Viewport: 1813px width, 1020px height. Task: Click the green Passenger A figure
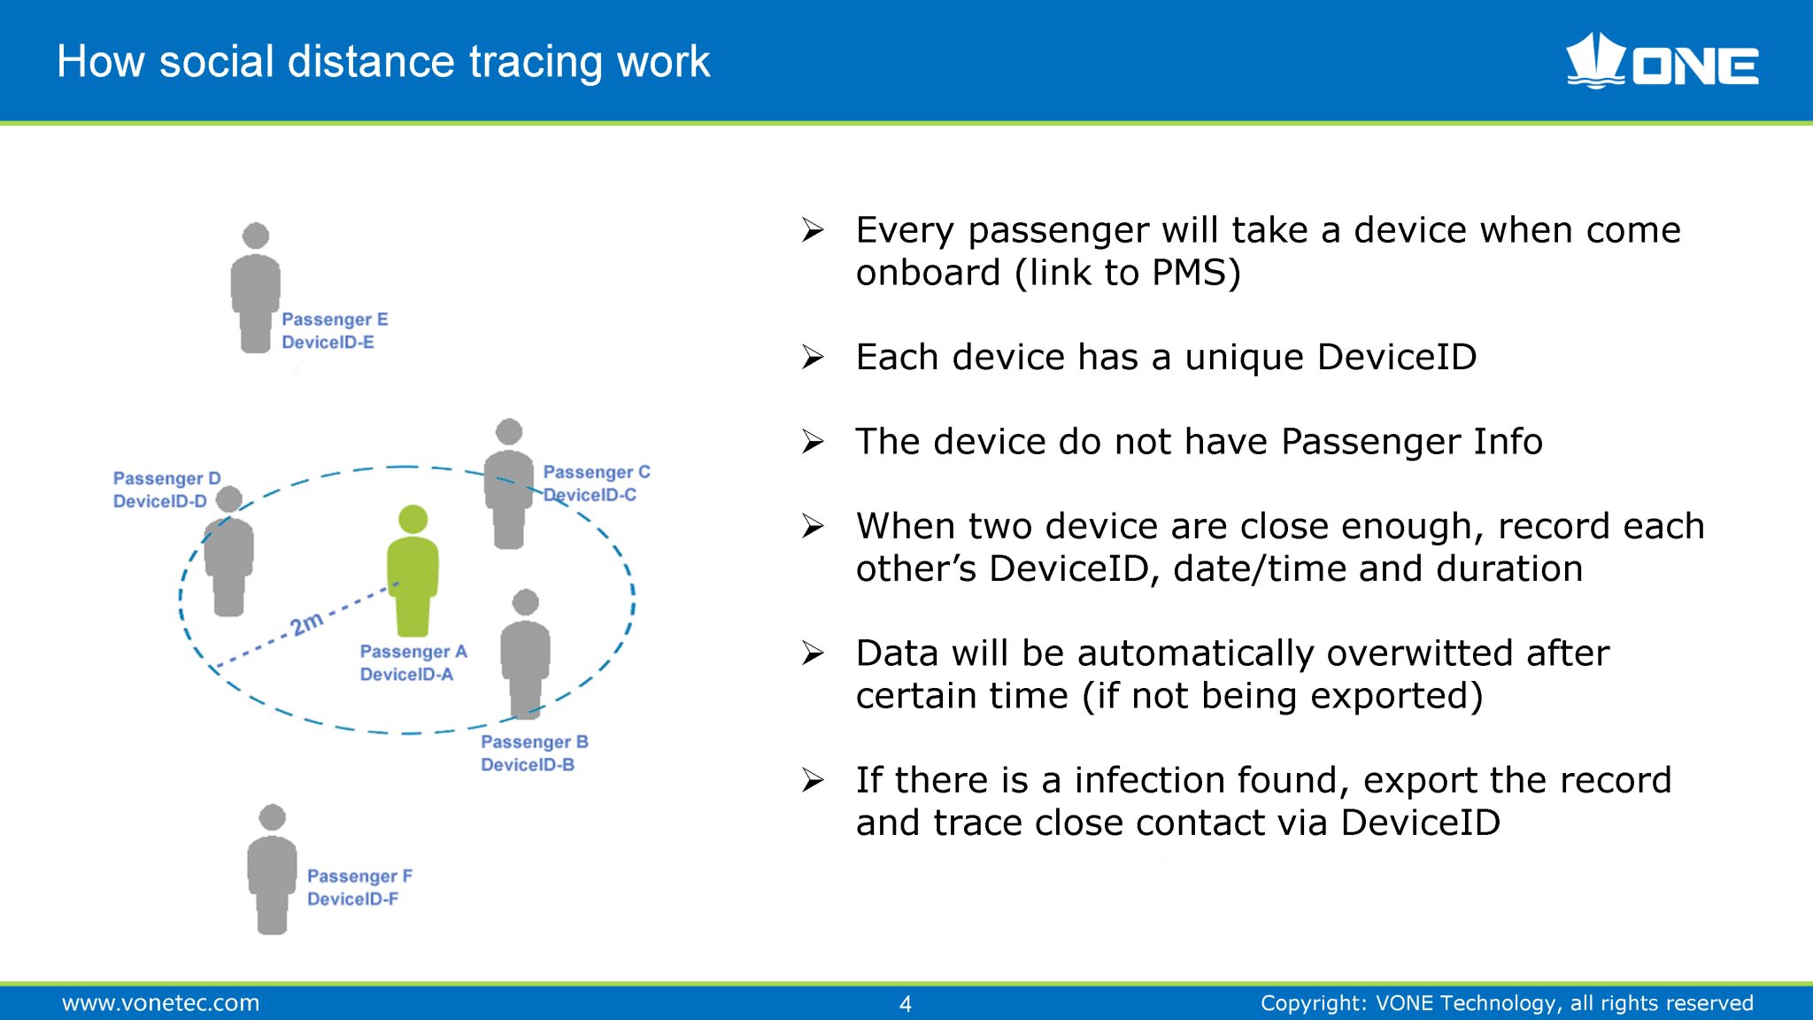coord(413,576)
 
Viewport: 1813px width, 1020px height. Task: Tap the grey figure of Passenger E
coord(256,292)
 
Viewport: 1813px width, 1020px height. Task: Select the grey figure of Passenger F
coord(272,872)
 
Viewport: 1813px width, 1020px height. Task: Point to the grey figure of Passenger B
coord(525,655)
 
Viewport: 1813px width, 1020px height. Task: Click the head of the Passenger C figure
coord(509,432)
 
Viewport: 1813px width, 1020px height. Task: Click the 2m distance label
coord(306,623)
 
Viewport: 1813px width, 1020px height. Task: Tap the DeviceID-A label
coord(406,675)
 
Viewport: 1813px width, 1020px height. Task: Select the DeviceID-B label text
coord(528,765)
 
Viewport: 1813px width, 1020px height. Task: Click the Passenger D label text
coord(166,478)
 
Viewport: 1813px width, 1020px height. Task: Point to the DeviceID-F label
coord(352,900)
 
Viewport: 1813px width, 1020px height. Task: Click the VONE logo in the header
coord(1662,62)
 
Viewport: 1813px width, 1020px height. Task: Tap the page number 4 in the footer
coord(905,1003)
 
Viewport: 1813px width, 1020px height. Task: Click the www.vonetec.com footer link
coord(160,1003)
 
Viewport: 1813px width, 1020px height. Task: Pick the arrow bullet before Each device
coord(813,358)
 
